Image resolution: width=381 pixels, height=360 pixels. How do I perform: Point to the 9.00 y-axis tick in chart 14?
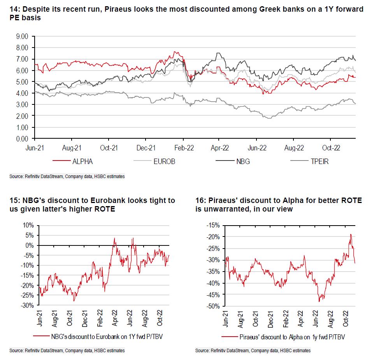22,37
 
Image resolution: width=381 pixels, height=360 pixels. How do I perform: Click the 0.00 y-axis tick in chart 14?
22,139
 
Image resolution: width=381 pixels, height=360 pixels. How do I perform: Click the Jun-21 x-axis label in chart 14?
35,148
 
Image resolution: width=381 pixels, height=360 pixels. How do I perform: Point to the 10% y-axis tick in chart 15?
29,226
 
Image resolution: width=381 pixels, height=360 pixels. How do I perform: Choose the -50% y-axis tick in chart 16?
213,306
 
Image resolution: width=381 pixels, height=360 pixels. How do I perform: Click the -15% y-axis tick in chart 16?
213,226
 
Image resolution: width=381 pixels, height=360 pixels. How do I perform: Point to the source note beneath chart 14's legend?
67,176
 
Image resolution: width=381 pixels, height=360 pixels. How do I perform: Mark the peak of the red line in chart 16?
351,234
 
